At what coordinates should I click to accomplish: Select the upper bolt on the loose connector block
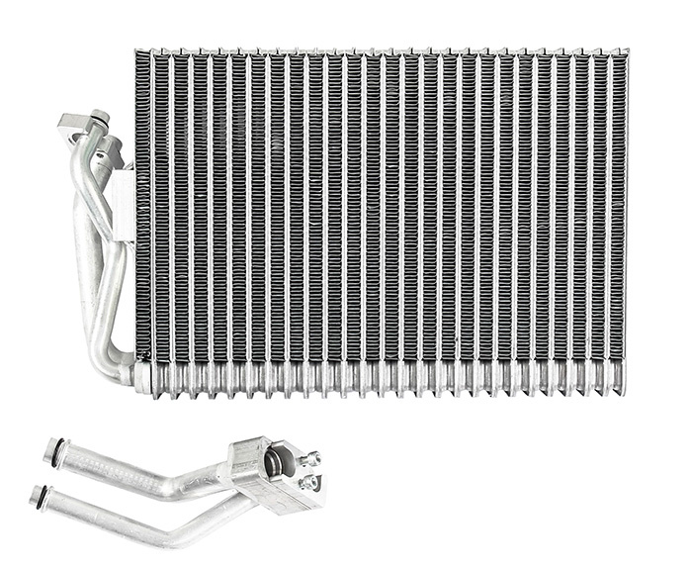pos(313,458)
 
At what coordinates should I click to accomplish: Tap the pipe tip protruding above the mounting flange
pos(99,117)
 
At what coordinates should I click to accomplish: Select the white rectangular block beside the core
pos(124,203)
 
